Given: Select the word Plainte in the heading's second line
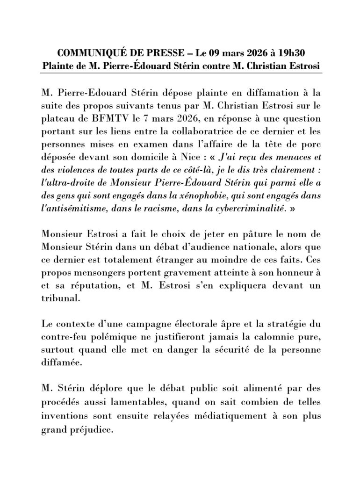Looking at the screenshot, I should coord(58,65).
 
